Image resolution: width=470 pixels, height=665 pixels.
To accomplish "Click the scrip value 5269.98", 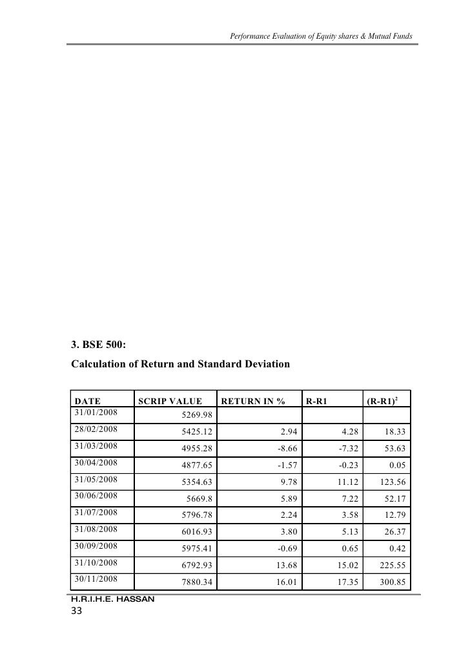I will coord(197,414).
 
